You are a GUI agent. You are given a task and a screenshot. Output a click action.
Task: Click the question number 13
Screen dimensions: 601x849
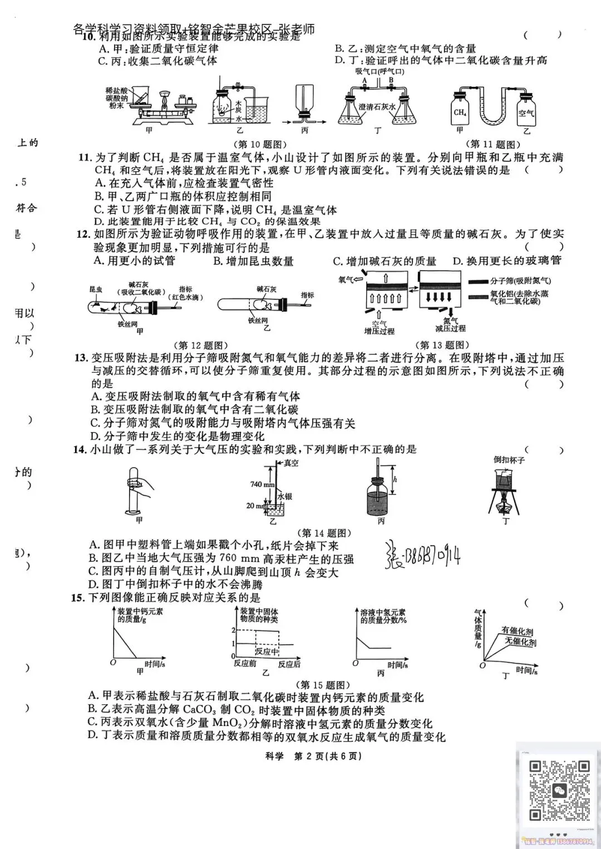click(81, 358)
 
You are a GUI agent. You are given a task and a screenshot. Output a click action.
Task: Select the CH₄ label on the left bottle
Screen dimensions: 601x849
click(460, 112)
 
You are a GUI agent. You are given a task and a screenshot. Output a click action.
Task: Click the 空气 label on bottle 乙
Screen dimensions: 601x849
click(526, 113)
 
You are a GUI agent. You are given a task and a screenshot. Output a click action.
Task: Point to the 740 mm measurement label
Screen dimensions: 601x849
click(262, 484)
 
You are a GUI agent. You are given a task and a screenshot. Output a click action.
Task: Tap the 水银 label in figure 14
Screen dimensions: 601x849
click(285, 496)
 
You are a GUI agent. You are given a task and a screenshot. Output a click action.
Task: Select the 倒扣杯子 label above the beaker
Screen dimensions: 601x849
click(509, 460)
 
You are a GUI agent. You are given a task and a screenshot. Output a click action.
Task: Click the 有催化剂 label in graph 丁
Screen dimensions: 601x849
click(517, 631)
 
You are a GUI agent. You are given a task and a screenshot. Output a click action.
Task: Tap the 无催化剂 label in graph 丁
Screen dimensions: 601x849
click(521, 642)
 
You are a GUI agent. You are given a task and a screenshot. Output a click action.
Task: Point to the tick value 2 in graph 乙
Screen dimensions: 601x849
click(234, 630)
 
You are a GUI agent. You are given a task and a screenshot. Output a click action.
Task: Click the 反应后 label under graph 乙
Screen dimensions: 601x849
click(289, 664)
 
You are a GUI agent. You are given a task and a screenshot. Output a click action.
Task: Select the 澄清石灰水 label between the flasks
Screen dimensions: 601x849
click(377, 107)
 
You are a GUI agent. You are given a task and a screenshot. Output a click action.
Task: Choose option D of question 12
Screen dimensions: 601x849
click(507, 261)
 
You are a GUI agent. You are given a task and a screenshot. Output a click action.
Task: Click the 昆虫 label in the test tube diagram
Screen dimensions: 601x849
click(96, 290)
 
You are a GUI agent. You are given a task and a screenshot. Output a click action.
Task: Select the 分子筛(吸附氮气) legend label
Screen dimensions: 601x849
click(520, 281)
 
